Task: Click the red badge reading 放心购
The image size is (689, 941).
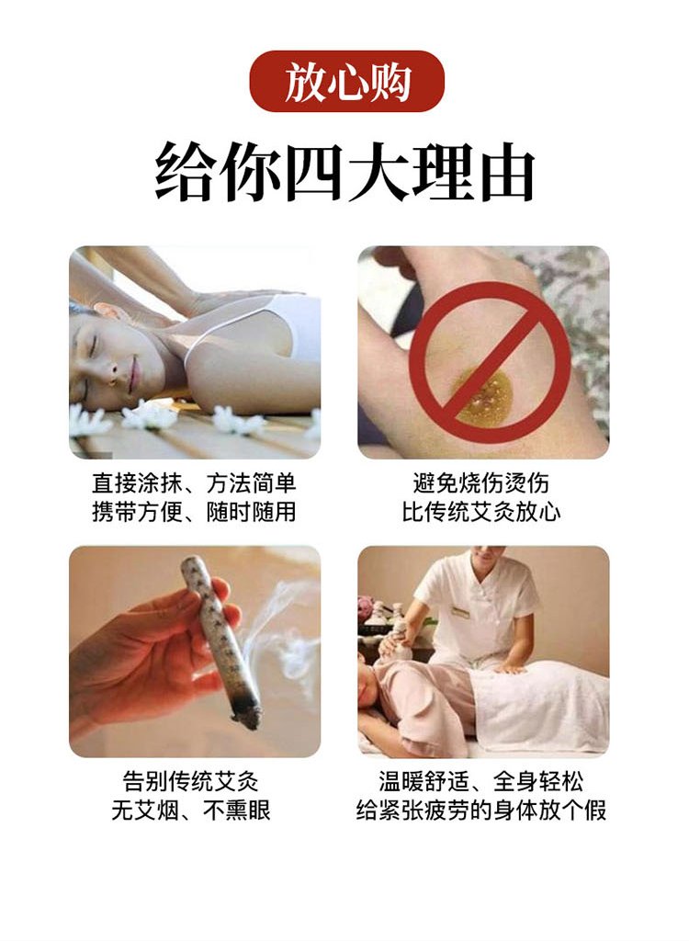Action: pyautogui.click(x=346, y=81)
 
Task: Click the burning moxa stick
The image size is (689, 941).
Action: pyautogui.click(x=222, y=640)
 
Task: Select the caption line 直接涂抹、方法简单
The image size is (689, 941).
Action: pyautogui.click(x=194, y=483)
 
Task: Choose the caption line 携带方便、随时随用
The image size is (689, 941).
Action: pyautogui.click(x=194, y=512)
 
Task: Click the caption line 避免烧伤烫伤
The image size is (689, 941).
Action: pyautogui.click(x=480, y=483)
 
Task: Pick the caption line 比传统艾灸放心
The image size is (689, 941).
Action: pyautogui.click(x=480, y=512)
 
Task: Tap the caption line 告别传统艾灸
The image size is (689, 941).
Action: pyautogui.click(x=191, y=781)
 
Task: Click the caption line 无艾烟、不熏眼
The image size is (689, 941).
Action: pyautogui.click(x=191, y=811)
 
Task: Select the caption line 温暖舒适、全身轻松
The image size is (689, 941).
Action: pyautogui.click(x=480, y=781)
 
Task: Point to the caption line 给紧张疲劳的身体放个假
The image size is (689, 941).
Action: pyautogui.click(x=480, y=811)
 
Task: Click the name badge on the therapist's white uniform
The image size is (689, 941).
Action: pyautogui.click(x=460, y=613)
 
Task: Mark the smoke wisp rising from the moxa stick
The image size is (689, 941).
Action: pyautogui.click(x=282, y=636)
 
